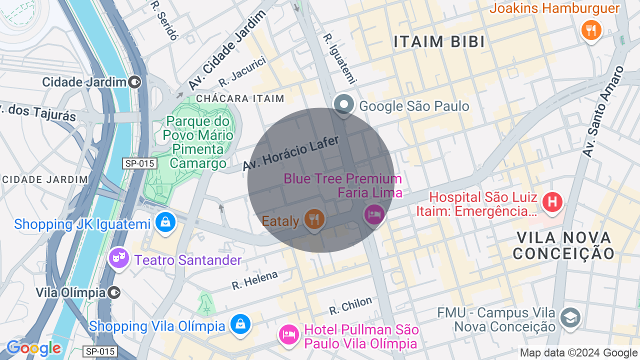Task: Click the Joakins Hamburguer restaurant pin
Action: (x=591, y=30)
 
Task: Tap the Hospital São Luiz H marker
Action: (x=552, y=202)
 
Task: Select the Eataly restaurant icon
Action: (x=314, y=219)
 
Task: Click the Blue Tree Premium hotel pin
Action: (x=374, y=214)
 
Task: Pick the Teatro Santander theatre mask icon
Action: (x=119, y=258)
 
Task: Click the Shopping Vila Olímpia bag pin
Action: (x=240, y=324)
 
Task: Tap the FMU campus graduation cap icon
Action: (x=570, y=318)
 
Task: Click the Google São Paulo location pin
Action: (x=344, y=104)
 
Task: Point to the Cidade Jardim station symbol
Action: (x=134, y=82)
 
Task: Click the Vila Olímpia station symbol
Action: (x=114, y=292)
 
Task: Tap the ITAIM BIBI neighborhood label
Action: (x=439, y=42)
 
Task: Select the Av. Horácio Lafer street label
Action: (x=291, y=153)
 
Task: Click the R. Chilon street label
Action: (x=350, y=305)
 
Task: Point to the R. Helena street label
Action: (x=254, y=280)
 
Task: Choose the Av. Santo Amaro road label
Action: (x=603, y=111)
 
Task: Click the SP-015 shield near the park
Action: (x=139, y=163)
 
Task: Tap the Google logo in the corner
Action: (x=33, y=348)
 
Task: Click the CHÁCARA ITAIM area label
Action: (x=240, y=98)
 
